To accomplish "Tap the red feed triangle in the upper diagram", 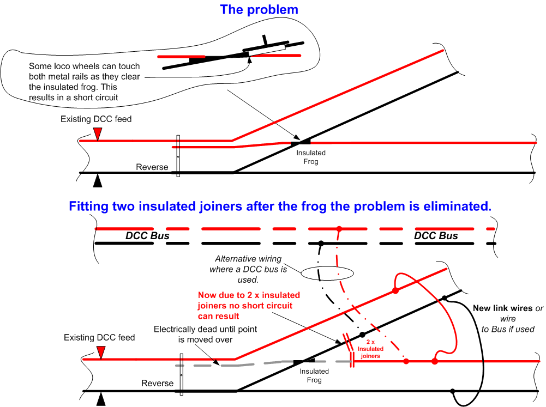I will (97, 133).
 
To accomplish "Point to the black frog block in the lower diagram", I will (304, 362).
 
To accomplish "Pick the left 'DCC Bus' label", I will (147, 236).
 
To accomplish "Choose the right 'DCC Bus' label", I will (436, 236).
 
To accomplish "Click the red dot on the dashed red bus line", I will (339, 228).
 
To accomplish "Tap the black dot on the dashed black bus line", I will (321, 243).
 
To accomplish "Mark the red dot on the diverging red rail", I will (395, 291).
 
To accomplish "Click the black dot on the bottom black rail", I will (453, 391).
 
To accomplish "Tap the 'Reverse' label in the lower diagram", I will (157, 383).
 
